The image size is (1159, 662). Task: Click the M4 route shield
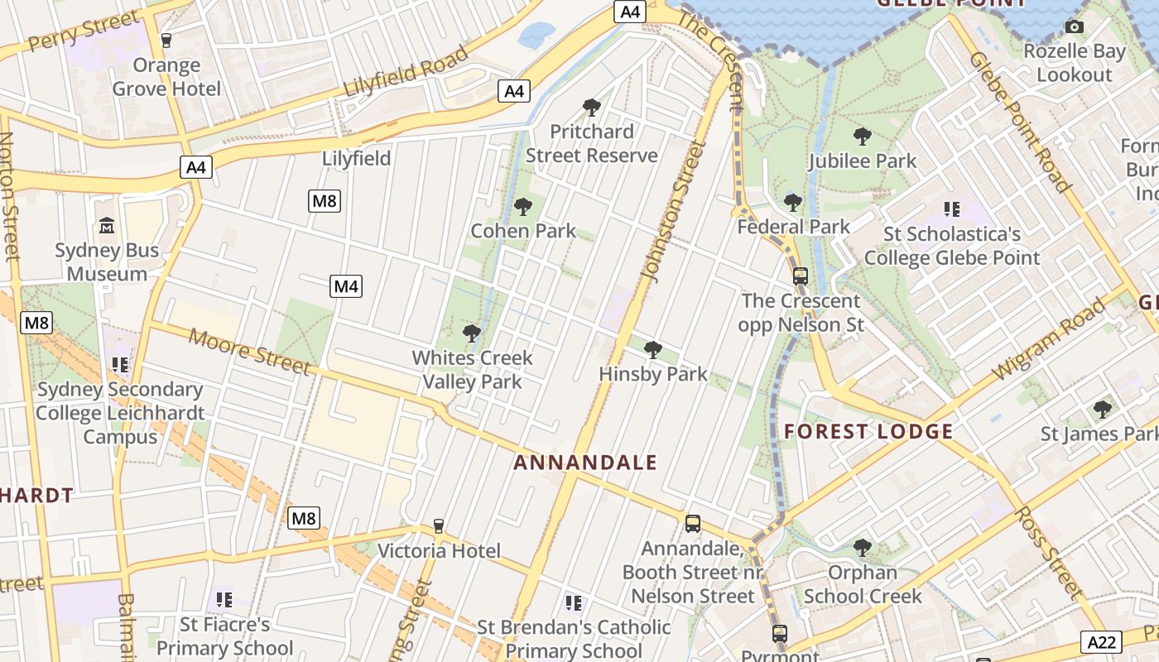coord(346,286)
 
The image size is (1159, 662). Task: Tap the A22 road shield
coord(1102,641)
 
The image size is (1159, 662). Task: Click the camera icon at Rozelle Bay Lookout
coord(1075,27)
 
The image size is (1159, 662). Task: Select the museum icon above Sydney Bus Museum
coord(107,225)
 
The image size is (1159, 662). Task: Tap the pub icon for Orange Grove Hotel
coord(166,40)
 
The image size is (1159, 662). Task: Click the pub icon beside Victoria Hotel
coord(439,526)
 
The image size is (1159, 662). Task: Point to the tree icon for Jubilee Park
coord(862,136)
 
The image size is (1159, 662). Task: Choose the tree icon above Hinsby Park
coord(652,349)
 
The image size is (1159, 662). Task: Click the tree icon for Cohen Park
coord(522,206)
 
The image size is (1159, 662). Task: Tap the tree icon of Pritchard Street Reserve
coord(591,107)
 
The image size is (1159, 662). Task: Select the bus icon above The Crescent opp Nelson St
coord(800,276)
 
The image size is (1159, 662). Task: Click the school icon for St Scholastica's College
coord(951,209)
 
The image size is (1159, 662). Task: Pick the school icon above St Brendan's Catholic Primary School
coord(573,602)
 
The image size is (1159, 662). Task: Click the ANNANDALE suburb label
coord(585,463)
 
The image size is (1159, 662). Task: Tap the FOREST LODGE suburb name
coord(868,431)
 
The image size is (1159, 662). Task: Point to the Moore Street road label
coord(249,351)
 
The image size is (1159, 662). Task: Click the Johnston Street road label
coord(671,211)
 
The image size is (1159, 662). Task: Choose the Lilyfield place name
coord(356,158)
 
